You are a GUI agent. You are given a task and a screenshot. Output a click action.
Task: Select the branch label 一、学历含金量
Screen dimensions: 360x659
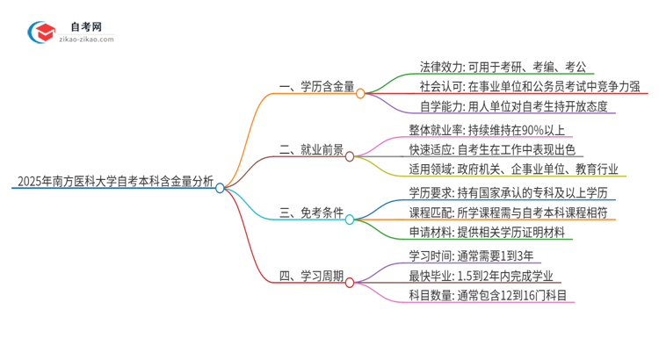pyautogui.click(x=317, y=87)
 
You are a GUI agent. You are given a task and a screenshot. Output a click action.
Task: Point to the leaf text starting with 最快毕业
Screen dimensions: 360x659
pyautogui.click(x=478, y=277)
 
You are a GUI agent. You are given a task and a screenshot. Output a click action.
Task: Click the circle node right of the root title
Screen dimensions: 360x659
pyautogui.click(x=221, y=186)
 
